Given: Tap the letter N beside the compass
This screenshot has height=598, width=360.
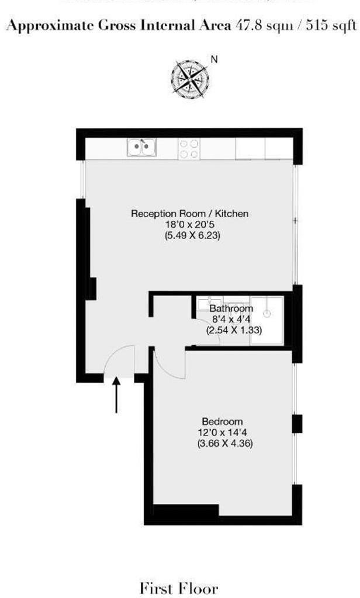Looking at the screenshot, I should (214, 59).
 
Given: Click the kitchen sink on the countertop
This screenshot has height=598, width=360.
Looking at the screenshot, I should (141, 148).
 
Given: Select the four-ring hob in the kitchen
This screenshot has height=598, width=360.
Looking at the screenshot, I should (189, 148).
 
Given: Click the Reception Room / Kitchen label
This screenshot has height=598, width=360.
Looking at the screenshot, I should (189, 214).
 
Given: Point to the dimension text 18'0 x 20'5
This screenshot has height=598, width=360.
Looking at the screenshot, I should (189, 225).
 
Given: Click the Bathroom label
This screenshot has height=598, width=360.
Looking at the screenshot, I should (231, 308).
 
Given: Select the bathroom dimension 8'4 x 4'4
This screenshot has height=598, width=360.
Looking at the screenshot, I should (232, 319).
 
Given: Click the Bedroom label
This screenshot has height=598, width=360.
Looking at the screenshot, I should (221, 422).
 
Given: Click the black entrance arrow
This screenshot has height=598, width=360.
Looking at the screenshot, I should (116, 394).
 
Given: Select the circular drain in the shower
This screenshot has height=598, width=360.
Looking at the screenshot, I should (266, 314).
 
